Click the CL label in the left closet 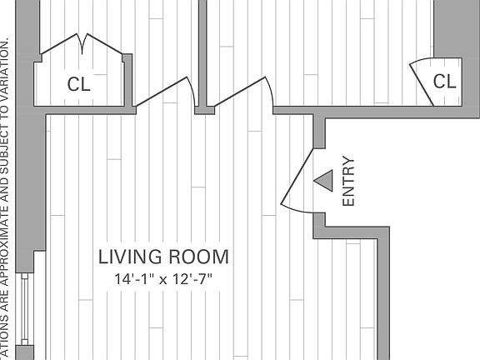point(79,84)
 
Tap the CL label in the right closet point(445,82)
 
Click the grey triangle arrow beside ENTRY point(322,179)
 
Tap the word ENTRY point(348,182)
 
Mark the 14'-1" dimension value point(133,279)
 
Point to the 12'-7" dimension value point(192,279)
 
